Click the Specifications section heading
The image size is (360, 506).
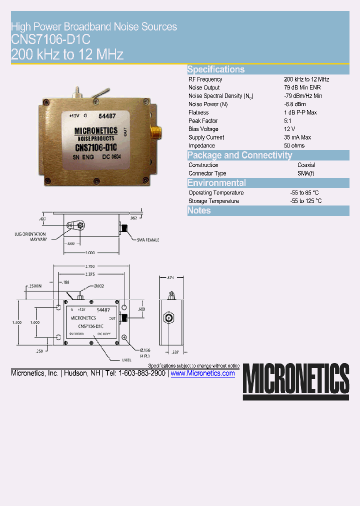click(x=216, y=69)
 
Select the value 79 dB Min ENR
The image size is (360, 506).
click(x=302, y=87)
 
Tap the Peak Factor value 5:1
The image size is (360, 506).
click(x=288, y=120)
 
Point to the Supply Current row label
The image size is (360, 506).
click(x=206, y=137)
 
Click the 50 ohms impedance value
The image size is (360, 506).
click(x=294, y=145)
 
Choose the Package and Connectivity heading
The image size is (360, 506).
click(x=239, y=155)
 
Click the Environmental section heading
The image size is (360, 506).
click(x=216, y=183)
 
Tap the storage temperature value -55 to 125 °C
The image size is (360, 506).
click(x=305, y=201)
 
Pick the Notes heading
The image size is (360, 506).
click(x=199, y=210)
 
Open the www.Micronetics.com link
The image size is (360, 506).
click(x=202, y=373)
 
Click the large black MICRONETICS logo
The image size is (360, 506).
click(x=296, y=380)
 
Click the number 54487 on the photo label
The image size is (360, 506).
click(x=106, y=115)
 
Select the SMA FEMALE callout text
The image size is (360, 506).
click(x=148, y=240)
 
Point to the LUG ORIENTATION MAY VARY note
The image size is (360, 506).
click(x=30, y=236)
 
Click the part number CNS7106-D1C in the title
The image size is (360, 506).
click(x=50, y=40)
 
